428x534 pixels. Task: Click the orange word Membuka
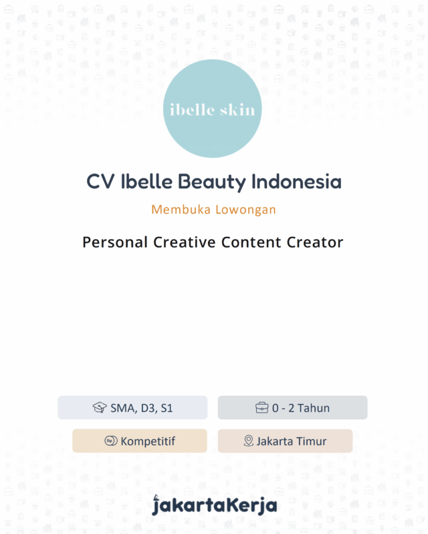pos(181,210)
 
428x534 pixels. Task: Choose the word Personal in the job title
pos(115,242)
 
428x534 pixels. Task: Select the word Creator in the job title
pos(314,242)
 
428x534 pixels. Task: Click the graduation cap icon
pos(100,408)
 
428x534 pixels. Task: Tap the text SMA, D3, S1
pos(142,408)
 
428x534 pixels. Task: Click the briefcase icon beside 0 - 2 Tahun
pos(262,408)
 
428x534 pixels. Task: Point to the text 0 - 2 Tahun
pos(301,408)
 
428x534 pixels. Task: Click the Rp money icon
pos(111,441)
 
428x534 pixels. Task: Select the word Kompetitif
pos(148,441)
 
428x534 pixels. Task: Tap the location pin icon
pos(249,441)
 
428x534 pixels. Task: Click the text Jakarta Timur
pos(292,441)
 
